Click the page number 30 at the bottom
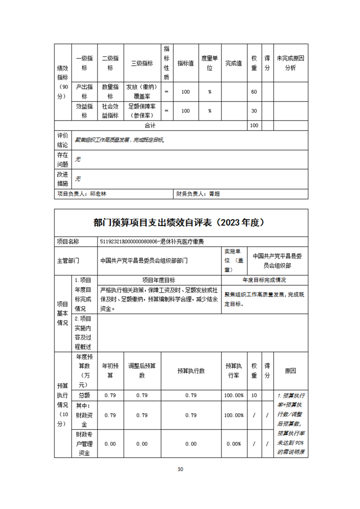pyautogui.click(x=180, y=469)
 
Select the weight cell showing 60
pyautogui.click(x=254, y=92)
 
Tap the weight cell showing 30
pyautogui.click(x=254, y=111)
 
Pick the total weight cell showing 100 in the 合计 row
pyautogui.click(x=254, y=125)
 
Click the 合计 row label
pyautogui.click(x=150, y=125)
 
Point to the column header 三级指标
pyautogui.click(x=142, y=64)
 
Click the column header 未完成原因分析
pyautogui.click(x=290, y=64)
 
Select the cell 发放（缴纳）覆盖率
pyautogui.click(x=142, y=92)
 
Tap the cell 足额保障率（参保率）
pyautogui.click(x=142, y=111)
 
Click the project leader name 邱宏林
pyautogui.click(x=99, y=193)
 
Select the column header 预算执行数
pyautogui.click(x=191, y=371)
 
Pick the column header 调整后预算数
pyautogui.click(x=142, y=371)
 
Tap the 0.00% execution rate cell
pyautogui.click(x=233, y=444)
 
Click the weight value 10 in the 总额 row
pyautogui.click(x=254, y=395)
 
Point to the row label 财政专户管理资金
pyautogui.click(x=84, y=444)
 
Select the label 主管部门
pyautogui.click(x=68, y=260)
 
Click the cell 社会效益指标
pyautogui.click(x=110, y=111)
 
